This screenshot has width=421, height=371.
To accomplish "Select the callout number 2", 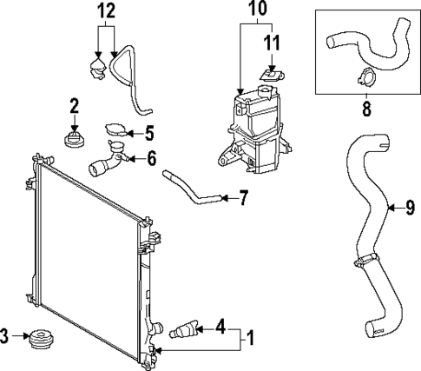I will coord(74,107).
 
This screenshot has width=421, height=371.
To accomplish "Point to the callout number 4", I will coord(221,328).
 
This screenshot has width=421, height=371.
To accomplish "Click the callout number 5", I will coord(149,134).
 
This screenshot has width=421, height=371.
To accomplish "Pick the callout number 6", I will coord(151,158).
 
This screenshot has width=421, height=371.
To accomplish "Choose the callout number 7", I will coord(244,198).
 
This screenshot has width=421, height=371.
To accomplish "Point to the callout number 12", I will coord(105,11).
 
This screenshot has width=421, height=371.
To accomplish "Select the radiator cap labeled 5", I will coord(113,133).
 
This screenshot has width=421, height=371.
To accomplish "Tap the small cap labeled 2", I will coord(74,138).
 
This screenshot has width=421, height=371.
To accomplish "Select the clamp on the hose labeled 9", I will coord(365,258).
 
